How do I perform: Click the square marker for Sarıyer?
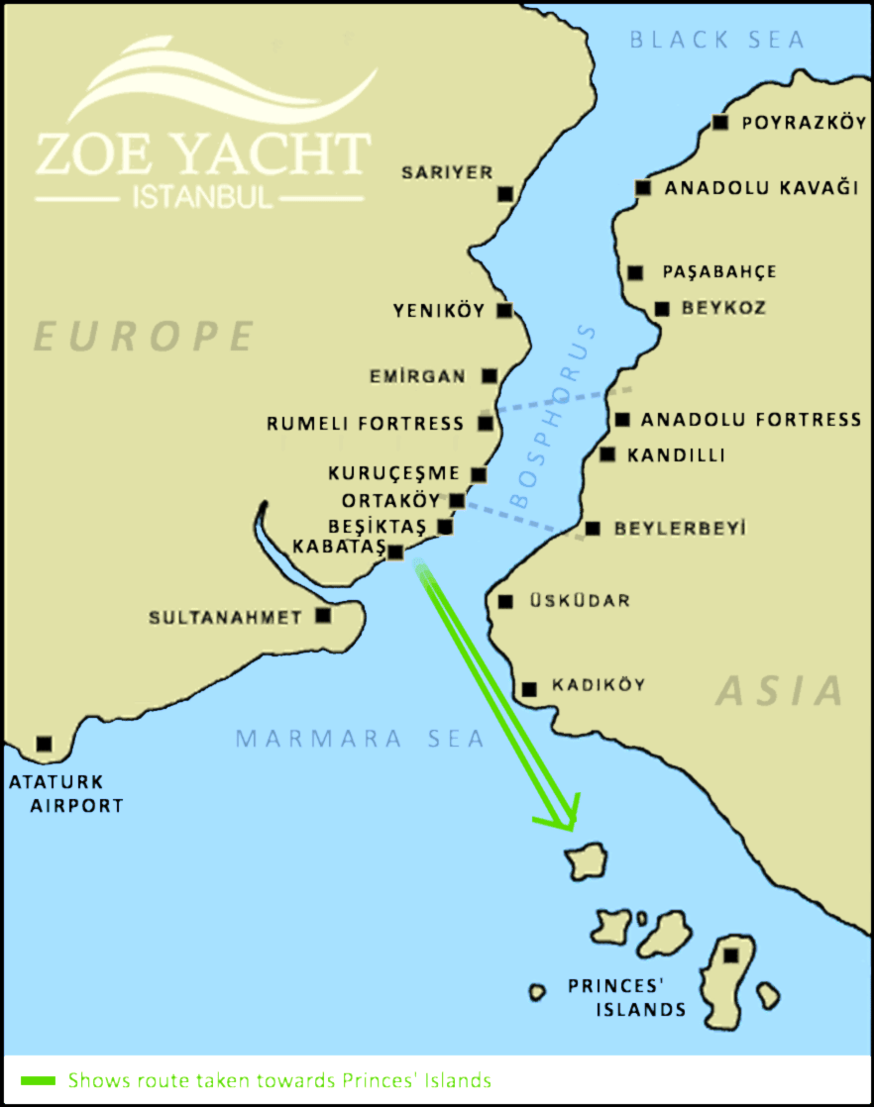point(506,193)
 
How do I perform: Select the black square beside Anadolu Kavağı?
point(643,187)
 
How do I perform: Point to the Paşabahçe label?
point(718,271)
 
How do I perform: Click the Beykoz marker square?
point(662,309)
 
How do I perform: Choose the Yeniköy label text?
point(439,311)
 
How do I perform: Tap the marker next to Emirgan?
point(489,375)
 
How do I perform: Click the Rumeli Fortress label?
point(365,424)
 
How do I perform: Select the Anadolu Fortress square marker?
point(621,420)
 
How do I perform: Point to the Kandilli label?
point(676,455)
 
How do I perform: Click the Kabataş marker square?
point(395,553)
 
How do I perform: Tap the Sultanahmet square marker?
point(323,615)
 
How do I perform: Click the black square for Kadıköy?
point(529,688)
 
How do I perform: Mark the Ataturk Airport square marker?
point(43,743)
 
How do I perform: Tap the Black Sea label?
point(717,40)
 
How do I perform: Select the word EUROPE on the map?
point(144,337)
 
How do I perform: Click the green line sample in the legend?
point(37,1079)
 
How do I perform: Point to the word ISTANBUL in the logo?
point(202,196)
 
